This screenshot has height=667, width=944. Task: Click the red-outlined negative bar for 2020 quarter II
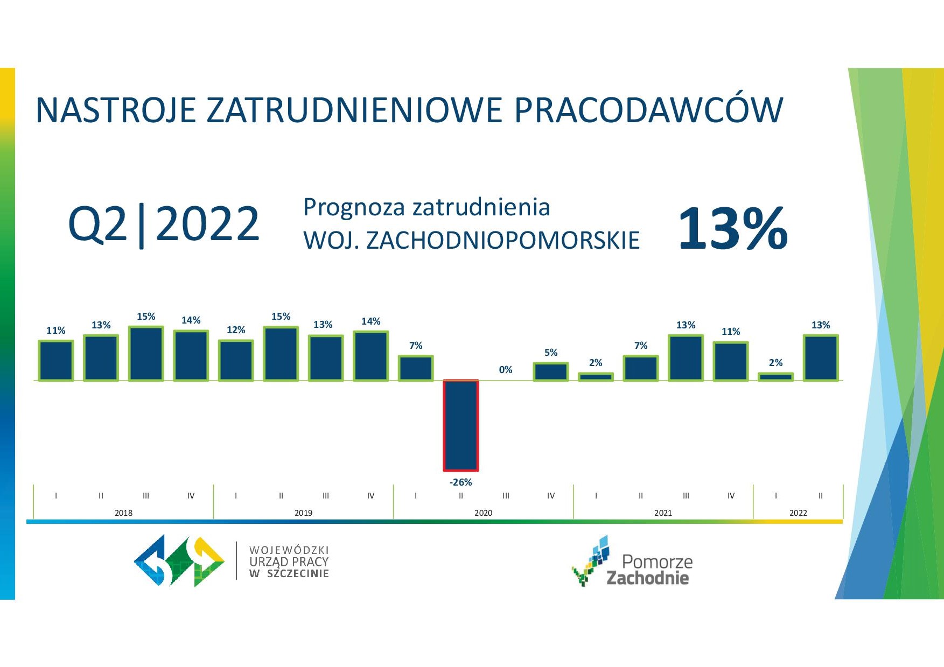click(x=461, y=425)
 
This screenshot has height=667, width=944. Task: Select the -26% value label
click(x=461, y=482)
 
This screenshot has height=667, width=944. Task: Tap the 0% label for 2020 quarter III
click(x=506, y=370)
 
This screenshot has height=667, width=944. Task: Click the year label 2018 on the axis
click(x=123, y=513)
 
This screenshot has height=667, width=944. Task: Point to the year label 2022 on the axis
click(x=798, y=513)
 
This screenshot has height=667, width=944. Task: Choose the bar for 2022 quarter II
click(x=821, y=358)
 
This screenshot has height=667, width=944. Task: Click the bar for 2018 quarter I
click(x=56, y=361)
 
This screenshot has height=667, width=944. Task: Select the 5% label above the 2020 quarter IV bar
click(x=551, y=353)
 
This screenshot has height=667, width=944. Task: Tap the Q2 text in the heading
click(x=97, y=224)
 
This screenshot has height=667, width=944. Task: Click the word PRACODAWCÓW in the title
click(x=648, y=110)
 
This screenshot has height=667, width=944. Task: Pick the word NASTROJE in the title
click(x=115, y=110)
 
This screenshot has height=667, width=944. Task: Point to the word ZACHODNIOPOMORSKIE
click(x=503, y=241)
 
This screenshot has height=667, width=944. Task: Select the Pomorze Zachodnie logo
click(x=632, y=561)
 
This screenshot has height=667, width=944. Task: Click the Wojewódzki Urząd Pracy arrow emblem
click(x=179, y=560)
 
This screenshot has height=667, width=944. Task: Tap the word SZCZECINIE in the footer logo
click(x=298, y=574)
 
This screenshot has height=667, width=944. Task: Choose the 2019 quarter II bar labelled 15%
click(x=281, y=354)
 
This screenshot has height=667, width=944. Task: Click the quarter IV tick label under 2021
click(x=731, y=496)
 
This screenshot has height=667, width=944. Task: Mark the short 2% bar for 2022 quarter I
click(x=775, y=377)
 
